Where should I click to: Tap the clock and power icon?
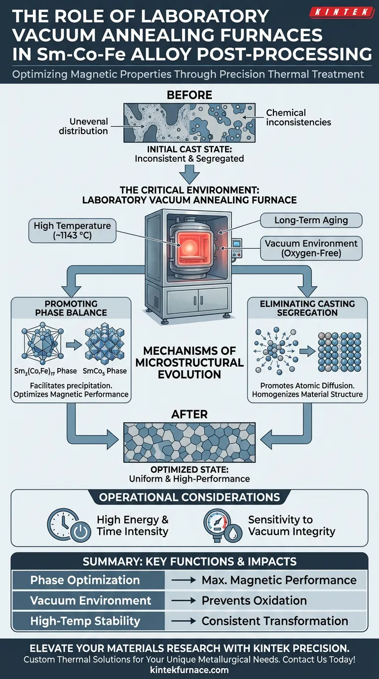tap(68, 525)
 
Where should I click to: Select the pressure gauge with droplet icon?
tap(222, 525)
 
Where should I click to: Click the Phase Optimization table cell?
tap(85, 580)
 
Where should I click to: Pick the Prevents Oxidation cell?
tap(254, 601)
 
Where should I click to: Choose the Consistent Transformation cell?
tap(275, 621)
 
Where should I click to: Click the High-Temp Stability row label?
tap(85, 621)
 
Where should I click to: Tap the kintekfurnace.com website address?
tap(189, 670)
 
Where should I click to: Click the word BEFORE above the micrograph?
tap(189, 94)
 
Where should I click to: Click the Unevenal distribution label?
tap(83, 126)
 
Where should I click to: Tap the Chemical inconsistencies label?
tap(298, 117)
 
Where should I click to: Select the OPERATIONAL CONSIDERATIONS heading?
tap(189, 497)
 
